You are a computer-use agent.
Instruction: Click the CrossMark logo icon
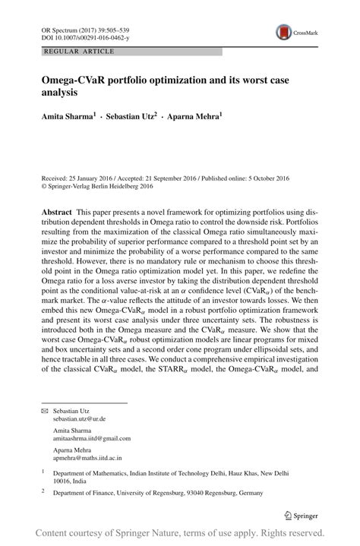[284, 32]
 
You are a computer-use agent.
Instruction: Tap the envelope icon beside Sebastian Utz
[44, 410]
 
